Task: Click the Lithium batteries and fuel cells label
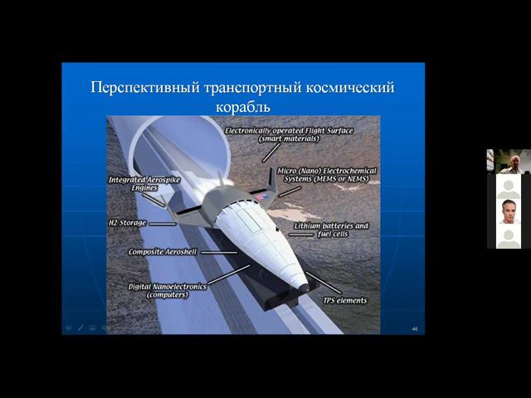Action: pyautogui.click(x=332, y=230)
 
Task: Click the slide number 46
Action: pyautogui.click(x=415, y=329)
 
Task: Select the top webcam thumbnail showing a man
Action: pyautogui.click(x=509, y=161)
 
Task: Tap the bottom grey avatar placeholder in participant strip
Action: pyautogui.click(x=509, y=238)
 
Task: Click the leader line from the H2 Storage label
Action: pyautogui.click(x=163, y=223)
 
